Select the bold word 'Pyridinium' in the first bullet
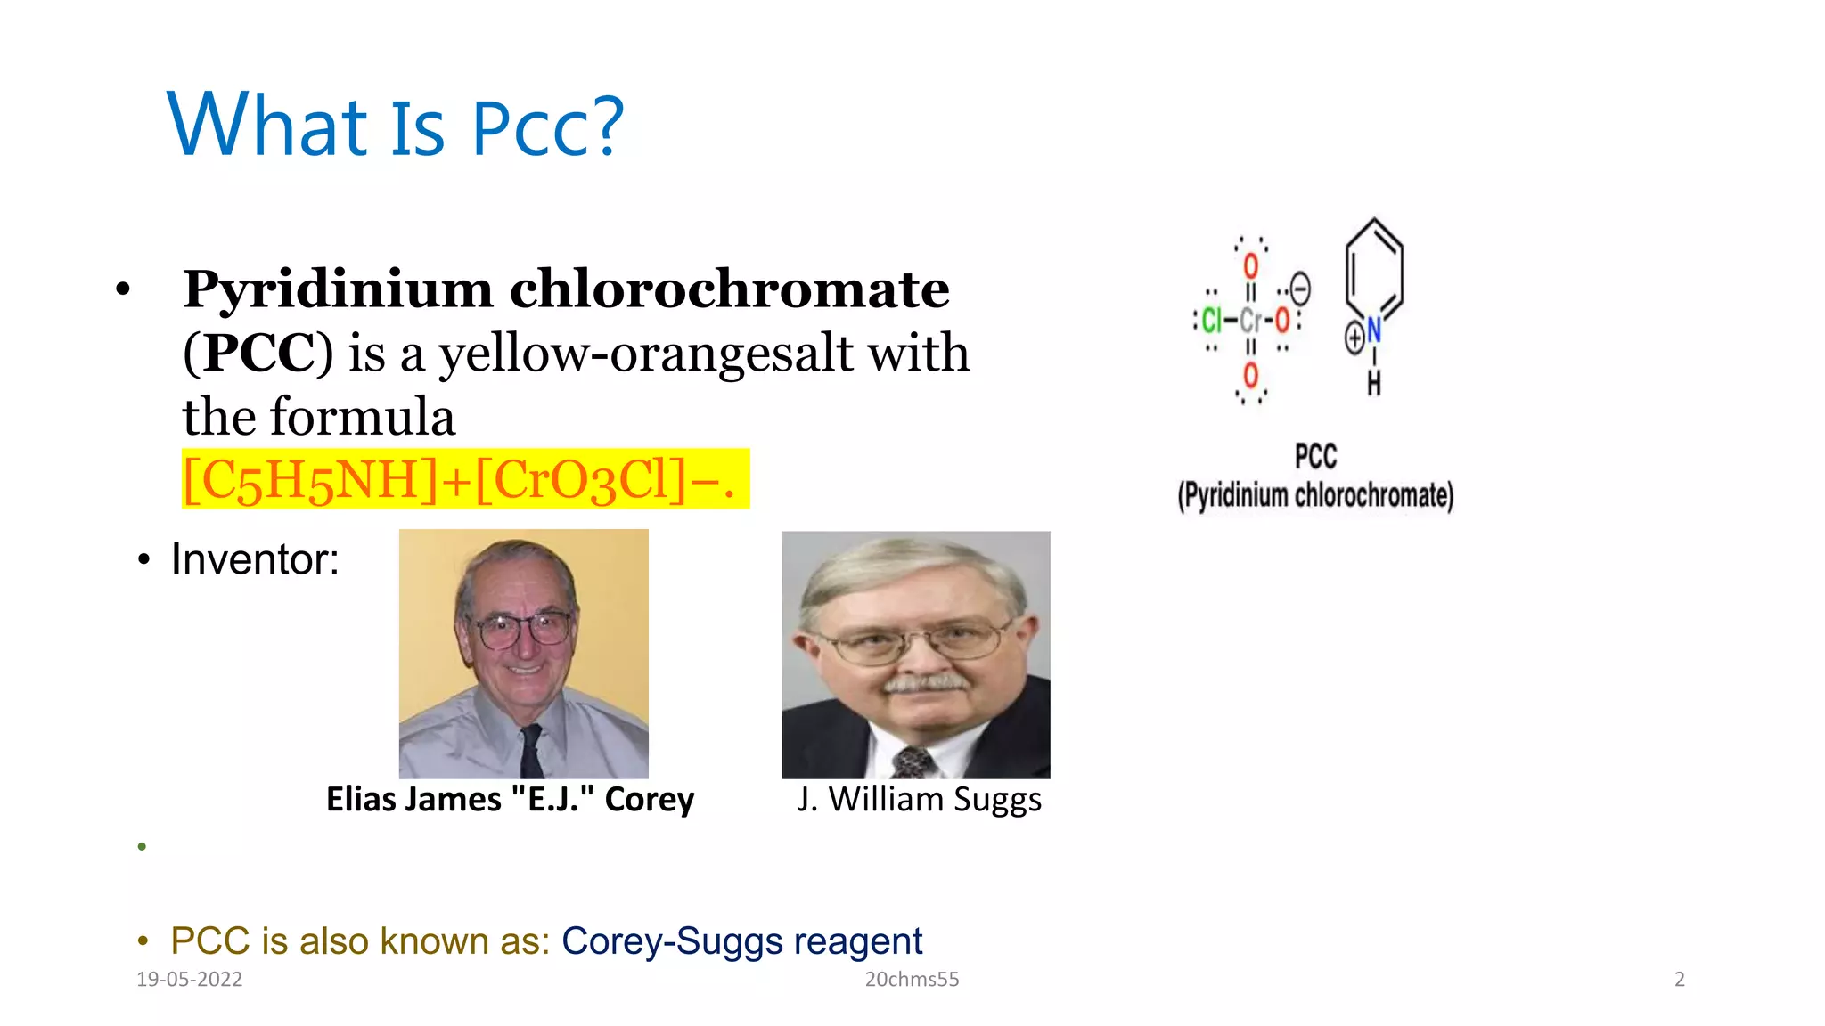coord(337,289)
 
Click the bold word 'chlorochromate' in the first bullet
coord(729,289)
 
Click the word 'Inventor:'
coord(255,559)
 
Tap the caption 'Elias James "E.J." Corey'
coord(510,799)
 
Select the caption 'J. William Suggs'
coord(919,799)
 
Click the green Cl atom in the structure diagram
coord(1211,320)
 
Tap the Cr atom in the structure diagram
coord(1250,320)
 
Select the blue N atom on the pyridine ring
coord(1374,330)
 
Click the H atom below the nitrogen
coord(1374,384)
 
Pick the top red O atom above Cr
coord(1251,266)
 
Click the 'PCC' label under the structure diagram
coord(1315,457)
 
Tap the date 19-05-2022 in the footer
coord(189,980)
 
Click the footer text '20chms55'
coord(912,980)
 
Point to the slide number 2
coord(1680,980)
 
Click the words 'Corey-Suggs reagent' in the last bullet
coord(741,941)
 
